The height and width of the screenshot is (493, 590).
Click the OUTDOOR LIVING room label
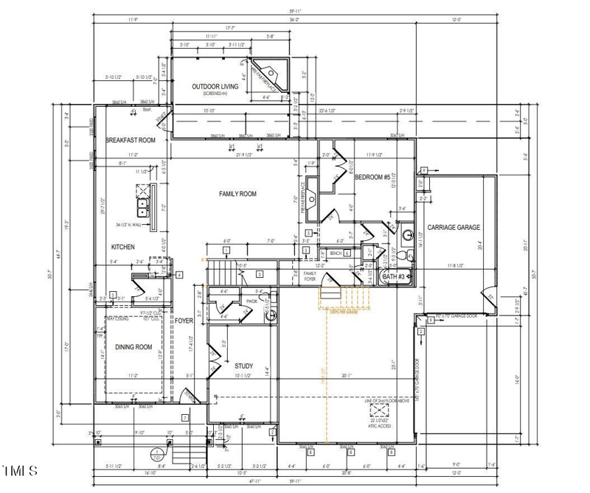215,86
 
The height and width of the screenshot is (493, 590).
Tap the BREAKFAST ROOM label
131,140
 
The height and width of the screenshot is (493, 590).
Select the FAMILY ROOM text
237,194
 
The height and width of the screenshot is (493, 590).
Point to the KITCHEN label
122,247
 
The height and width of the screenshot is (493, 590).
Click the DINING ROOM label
133,347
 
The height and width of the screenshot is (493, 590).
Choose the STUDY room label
244,366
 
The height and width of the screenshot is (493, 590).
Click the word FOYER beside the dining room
184,321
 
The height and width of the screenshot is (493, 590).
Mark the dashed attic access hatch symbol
379,410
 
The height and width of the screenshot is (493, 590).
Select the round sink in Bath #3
406,237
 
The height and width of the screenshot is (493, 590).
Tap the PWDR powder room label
251,301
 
